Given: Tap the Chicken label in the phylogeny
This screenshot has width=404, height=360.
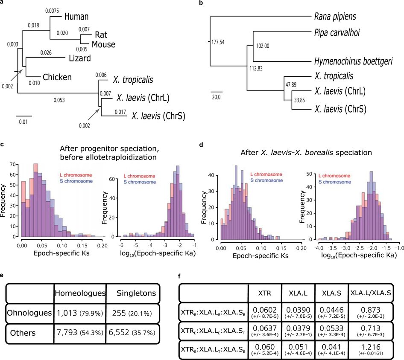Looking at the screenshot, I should tap(57, 77).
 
